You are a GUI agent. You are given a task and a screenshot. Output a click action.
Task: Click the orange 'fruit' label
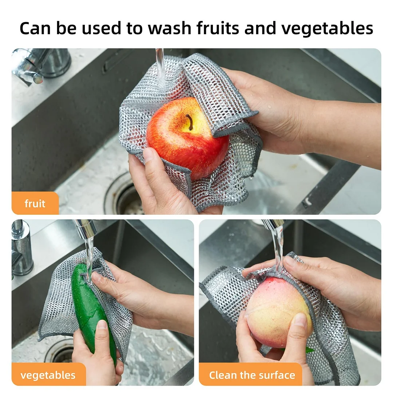(35, 203)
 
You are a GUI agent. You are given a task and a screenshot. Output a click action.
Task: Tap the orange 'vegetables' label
(48, 375)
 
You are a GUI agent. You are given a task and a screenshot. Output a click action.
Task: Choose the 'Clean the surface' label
(252, 375)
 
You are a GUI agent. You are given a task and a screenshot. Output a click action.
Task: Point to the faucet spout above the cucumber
(86, 227)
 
